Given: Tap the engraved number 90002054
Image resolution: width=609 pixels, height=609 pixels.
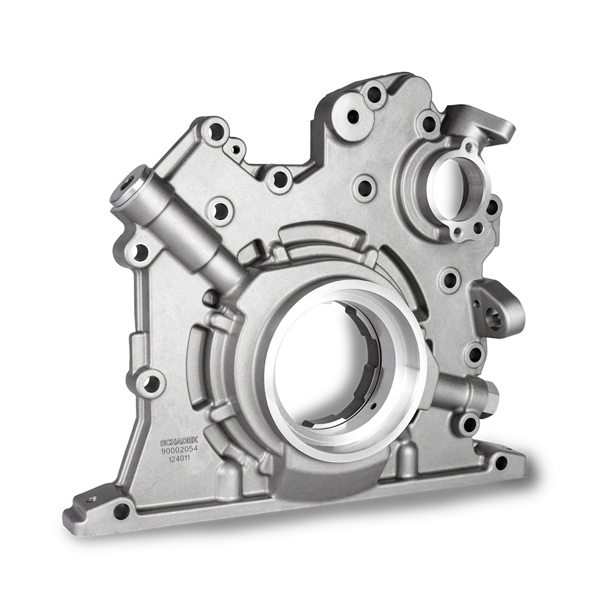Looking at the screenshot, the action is (x=180, y=450).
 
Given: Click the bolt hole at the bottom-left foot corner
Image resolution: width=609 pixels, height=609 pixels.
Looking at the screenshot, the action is (x=122, y=508).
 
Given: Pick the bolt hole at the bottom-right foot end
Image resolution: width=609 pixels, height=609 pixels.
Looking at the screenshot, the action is (x=501, y=462).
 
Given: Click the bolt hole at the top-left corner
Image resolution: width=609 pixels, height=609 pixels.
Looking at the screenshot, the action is (x=216, y=132).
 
